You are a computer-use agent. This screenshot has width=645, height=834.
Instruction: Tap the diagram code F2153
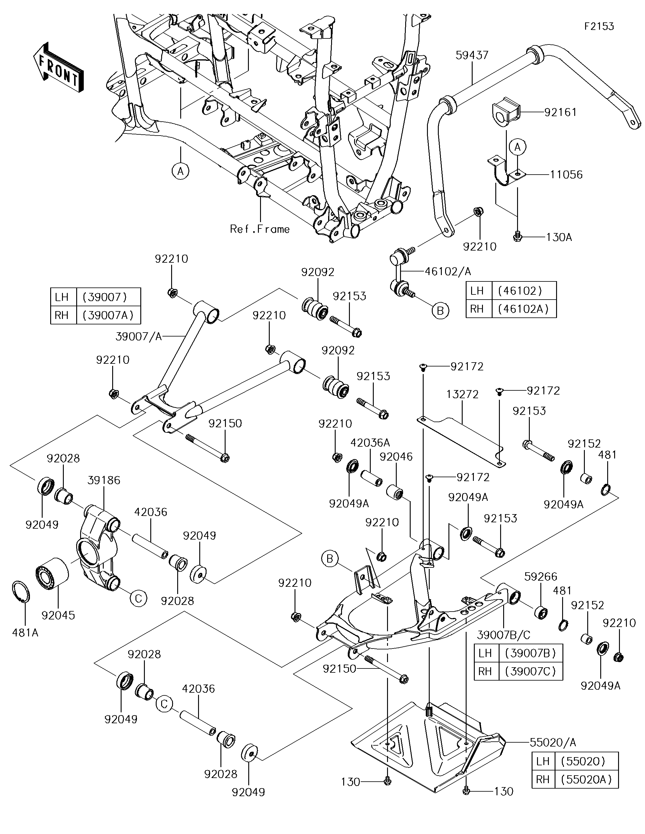click(599, 26)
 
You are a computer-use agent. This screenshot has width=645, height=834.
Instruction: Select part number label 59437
click(472, 55)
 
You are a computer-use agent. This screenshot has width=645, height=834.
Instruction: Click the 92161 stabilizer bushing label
click(560, 112)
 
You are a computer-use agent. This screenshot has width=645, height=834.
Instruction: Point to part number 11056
click(566, 175)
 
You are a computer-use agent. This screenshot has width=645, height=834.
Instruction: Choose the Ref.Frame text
click(260, 229)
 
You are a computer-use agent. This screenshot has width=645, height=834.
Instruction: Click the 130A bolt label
click(559, 237)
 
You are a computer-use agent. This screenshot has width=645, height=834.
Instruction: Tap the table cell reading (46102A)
click(523, 309)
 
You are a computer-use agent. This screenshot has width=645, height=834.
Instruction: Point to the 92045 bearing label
click(58, 615)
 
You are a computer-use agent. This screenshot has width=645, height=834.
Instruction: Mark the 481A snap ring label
click(25, 633)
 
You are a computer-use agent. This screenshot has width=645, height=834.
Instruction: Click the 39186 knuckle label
click(104, 480)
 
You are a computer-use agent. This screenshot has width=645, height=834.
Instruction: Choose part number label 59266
click(541, 576)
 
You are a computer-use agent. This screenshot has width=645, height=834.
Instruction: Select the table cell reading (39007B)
click(530, 653)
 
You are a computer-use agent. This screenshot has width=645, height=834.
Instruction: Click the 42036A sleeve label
click(370, 443)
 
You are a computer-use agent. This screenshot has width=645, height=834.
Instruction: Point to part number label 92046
click(396, 456)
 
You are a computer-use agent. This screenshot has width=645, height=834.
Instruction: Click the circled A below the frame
click(181, 171)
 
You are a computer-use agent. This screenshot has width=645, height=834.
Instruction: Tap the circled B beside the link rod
click(440, 311)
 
